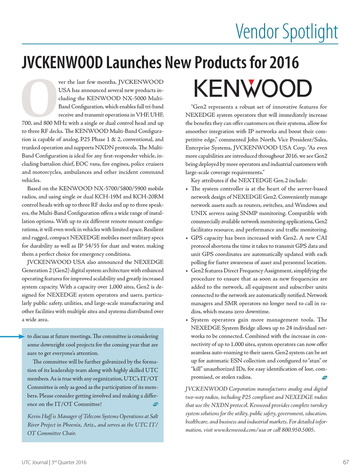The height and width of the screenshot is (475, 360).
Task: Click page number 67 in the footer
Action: point(346,462)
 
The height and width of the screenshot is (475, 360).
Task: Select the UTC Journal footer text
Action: point(34,462)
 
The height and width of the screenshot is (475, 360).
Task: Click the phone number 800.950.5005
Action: point(298,430)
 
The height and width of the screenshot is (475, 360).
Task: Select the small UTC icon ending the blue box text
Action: point(156,404)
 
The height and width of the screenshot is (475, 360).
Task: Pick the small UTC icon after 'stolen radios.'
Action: point(324,378)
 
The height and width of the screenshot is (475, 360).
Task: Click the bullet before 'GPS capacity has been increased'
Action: point(187,238)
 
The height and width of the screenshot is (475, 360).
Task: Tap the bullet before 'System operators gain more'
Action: point(187,320)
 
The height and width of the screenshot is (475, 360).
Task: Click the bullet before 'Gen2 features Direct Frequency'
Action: point(187,271)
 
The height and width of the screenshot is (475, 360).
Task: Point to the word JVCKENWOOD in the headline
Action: point(62,63)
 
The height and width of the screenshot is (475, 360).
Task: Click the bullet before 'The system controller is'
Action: point(187,189)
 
